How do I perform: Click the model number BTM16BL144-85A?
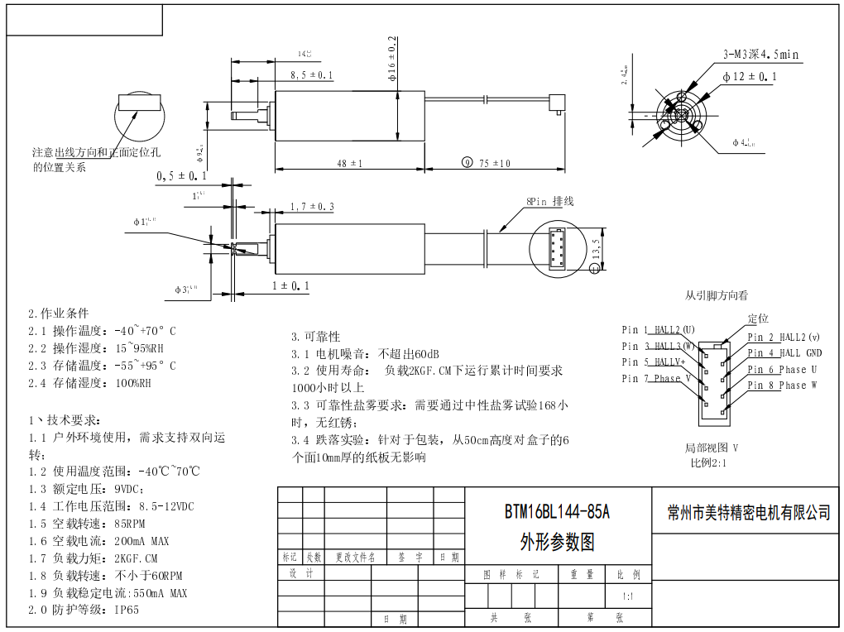tap(557, 513)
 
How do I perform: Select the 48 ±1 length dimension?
tap(350, 164)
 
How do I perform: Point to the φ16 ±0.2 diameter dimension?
tap(392, 58)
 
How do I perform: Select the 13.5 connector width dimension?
tap(596, 249)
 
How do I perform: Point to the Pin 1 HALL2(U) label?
tap(658, 330)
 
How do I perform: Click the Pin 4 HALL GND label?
tap(784, 353)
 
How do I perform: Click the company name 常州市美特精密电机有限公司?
tap(748, 513)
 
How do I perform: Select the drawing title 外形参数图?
tap(557, 542)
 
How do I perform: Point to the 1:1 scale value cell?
tap(628, 596)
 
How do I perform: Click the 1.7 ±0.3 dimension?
tap(312, 207)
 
